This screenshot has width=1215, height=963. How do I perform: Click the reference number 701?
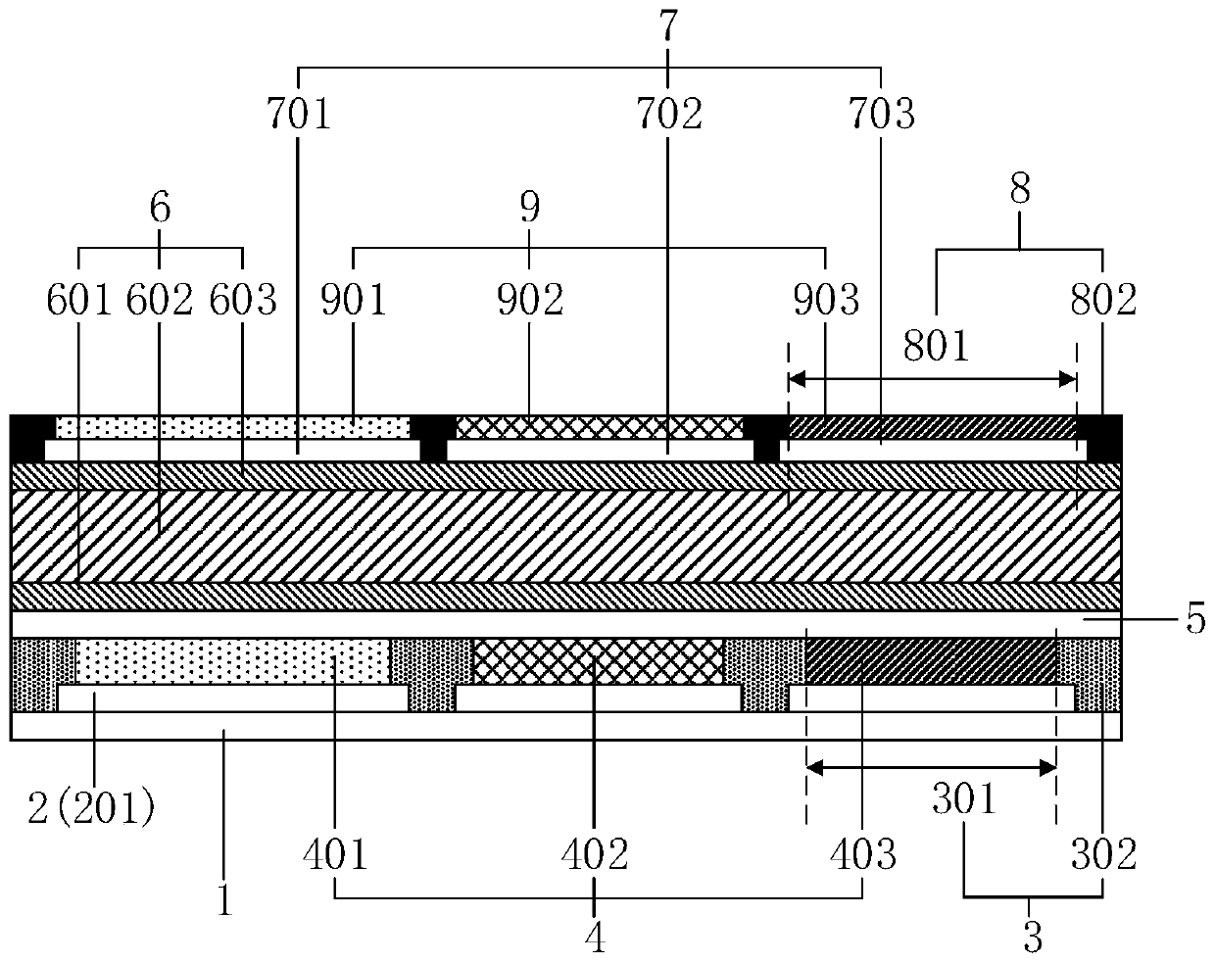(x=299, y=115)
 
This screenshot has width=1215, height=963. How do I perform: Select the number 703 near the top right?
(x=881, y=115)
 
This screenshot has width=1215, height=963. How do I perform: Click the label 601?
(x=79, y=301)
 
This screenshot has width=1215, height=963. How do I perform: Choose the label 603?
(x=243, y=301)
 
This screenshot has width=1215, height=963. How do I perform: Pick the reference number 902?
(x=529, y=301)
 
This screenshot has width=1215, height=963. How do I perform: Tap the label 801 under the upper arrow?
(x=935, y=346)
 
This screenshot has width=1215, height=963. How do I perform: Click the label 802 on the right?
(x=1103, y=301)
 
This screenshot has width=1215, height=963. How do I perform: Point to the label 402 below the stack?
(x=595, y=855)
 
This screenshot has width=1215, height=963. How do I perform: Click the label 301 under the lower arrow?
(x=963, y=800)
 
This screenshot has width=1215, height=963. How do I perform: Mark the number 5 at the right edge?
(x=1196, y=623)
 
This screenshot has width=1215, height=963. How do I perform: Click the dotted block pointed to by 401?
(x=232, y=660)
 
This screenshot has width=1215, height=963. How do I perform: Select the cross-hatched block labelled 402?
(x=598, y=660)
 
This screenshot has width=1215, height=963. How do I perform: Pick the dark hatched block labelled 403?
(x=930, y=660)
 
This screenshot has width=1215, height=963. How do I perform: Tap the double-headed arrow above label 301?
(x=930, y=769)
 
